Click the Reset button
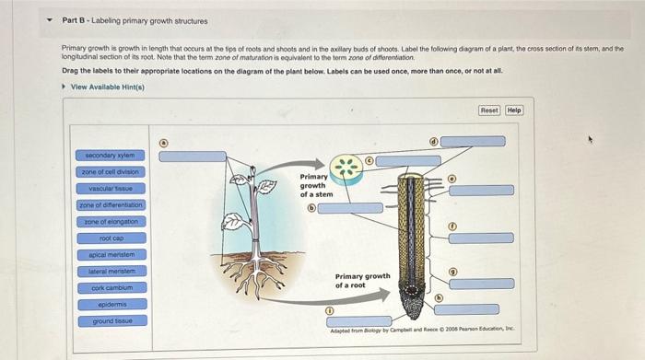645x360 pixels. [489, 110]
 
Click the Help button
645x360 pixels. [514, 110]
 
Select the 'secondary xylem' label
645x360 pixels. [110, 155]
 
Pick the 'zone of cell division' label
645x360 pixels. [110, 171]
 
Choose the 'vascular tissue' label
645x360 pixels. [110, 188]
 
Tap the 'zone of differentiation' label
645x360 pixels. [110, 204]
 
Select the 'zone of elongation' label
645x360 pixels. [110, 221]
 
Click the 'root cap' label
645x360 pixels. [110, 238]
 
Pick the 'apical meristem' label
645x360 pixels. [110, 254]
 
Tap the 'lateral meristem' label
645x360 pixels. [110, 271]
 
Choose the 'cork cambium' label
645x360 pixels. [110, 287]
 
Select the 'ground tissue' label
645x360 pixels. [110, 320]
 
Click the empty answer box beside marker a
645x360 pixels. [192, 157]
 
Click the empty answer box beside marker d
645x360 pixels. [472, 142]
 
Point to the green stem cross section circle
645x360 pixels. [346, 167]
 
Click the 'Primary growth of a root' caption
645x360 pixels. [362, 280]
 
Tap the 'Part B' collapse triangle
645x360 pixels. [50, 20]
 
